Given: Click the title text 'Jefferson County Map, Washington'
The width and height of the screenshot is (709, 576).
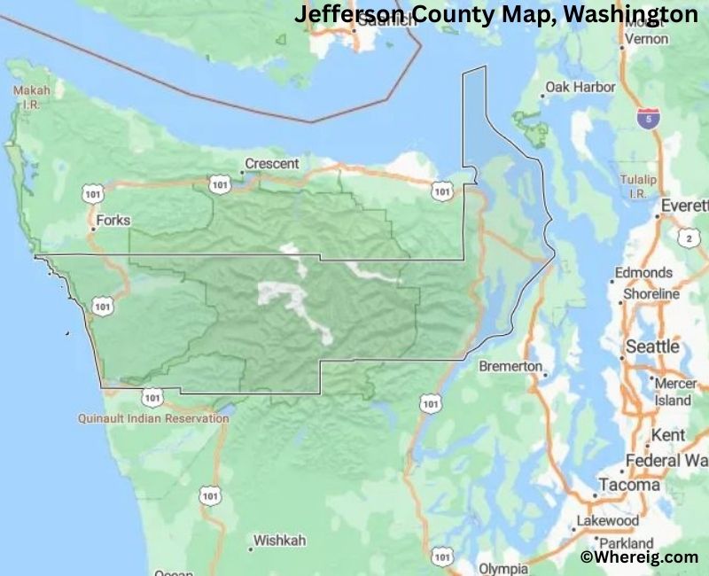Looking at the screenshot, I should click(495, 15).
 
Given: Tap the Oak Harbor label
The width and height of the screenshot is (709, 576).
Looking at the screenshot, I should click(580, 87).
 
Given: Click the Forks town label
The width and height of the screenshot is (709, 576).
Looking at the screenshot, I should click(112, 220).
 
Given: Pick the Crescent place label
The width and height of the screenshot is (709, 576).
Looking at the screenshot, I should click(266, 164).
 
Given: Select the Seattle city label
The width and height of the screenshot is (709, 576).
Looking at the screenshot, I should click(652, 346).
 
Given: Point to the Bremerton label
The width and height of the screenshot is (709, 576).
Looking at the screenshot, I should click(510, 366).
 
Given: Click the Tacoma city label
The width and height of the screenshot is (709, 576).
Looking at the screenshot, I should click(629, 485).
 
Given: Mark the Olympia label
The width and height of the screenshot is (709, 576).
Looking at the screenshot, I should click(503, 568).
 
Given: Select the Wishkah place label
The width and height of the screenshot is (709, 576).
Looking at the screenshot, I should click(281, 540).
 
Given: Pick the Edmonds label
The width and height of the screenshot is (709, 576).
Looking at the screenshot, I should click(643, 273).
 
